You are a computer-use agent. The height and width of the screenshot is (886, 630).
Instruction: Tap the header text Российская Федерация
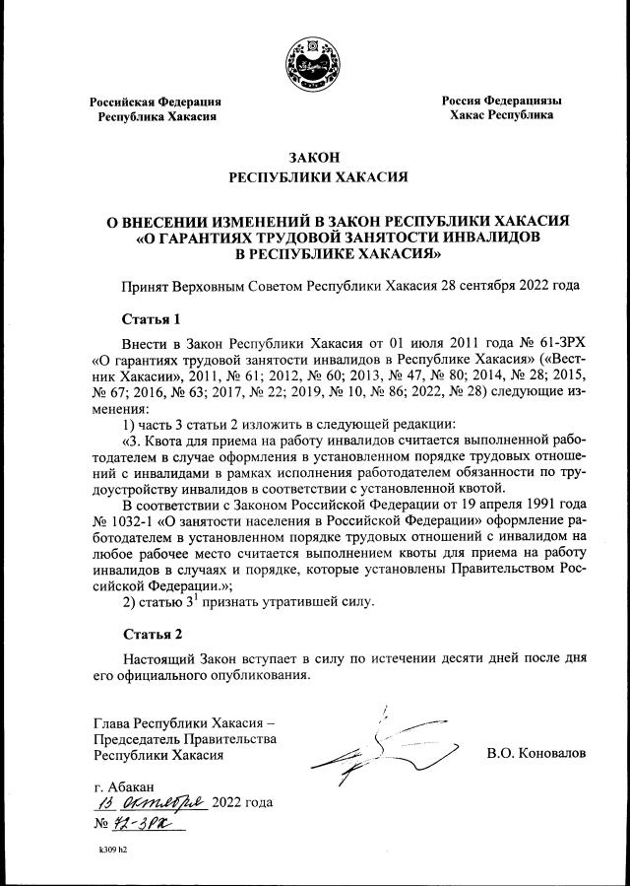[x=156, y=102]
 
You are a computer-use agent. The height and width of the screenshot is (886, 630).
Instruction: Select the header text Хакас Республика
[x=500, y=115]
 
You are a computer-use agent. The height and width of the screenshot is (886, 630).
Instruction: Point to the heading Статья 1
[x=152, y=319]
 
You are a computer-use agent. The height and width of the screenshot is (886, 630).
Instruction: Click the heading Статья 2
[x=152, y=633]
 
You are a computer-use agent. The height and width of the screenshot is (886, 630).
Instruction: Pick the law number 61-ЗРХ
[x=542, y=343]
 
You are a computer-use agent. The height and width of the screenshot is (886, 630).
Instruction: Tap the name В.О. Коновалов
[x=535, y=753]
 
